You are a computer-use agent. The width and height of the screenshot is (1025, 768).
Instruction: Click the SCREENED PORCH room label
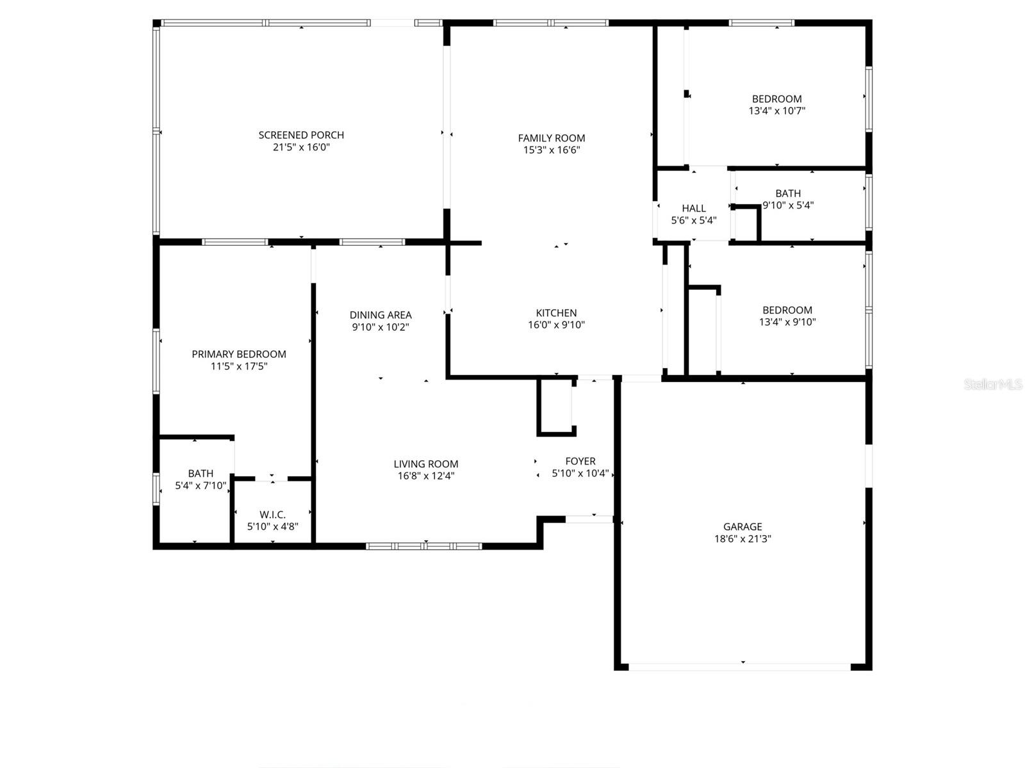[x=301, y=135]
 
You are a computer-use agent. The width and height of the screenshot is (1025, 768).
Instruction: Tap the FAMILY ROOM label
[x=552, y=138]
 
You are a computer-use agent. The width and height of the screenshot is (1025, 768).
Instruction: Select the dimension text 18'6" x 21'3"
[x=742, y=539]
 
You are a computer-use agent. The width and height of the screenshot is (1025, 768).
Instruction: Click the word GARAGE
[x=742, y=527]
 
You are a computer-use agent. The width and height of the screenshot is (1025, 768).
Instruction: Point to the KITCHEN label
[x=556, y=313]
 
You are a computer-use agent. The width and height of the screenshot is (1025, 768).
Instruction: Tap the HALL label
[x=694, y=208]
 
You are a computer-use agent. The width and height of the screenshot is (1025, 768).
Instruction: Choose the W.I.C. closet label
[x=273, y=515]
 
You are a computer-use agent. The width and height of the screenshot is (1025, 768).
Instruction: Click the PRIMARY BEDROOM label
[x=239, y=354]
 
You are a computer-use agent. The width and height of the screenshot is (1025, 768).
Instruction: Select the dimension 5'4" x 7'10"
[x=201, y=486]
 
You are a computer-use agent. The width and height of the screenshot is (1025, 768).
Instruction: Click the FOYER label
[x=580, y=461]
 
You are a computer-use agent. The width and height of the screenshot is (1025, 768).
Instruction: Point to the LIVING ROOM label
[x=426, y=464]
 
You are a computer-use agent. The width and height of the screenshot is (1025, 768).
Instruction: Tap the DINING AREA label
[x=381, y=315]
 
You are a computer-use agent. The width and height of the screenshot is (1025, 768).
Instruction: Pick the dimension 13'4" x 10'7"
[x=776, y=111]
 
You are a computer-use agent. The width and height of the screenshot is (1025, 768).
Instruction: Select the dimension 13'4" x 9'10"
[x=787, y=322]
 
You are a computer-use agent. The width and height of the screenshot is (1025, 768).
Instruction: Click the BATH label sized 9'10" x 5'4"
[x=788, y=193]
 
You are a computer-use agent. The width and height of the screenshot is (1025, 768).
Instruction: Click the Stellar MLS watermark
[x=992, y=385]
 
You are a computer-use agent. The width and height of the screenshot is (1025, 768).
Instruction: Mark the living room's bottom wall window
[x=424, y=546]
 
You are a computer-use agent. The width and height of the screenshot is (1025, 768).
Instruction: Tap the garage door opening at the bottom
[x=740, y=667]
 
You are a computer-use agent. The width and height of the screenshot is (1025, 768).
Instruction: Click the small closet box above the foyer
[x=555, y=406]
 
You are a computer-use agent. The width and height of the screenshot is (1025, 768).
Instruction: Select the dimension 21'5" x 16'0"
[x=301, y=147]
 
